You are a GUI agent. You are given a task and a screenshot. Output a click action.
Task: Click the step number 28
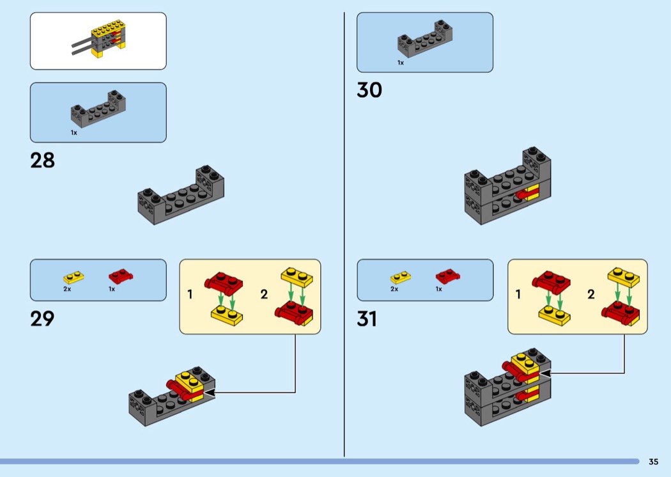[x=42, y=160]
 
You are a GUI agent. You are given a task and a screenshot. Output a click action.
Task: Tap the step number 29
[x=42, y=318]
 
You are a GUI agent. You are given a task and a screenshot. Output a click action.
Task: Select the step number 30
[x=369, y=90]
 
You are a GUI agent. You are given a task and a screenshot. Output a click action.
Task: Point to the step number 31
[x=367, y=319]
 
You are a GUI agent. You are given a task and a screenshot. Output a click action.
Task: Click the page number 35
[x=654, y=462]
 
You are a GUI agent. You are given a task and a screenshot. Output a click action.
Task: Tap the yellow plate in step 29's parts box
[x=73, y=278]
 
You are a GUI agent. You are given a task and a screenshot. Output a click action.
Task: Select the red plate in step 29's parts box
[x=121, y=276]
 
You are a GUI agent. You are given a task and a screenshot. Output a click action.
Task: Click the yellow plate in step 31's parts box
[x=401, y=278]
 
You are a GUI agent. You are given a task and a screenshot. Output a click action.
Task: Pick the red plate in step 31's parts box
[x=447, y=276]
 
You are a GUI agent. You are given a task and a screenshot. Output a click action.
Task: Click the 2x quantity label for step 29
[x=67, y=289]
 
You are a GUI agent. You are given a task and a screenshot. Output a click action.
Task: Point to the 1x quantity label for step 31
[x=438, y=289]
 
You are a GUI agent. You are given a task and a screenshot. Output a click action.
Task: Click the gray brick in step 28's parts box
[x=98, y=109]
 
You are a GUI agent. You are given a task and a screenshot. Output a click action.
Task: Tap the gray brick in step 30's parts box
[x=425, y=38]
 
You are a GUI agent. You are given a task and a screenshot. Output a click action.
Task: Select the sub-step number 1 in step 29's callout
[x=190, y=294]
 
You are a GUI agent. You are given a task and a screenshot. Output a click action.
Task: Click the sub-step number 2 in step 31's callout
[x=591, y=294]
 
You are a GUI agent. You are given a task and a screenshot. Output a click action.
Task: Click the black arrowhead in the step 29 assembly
[x=209, y=392]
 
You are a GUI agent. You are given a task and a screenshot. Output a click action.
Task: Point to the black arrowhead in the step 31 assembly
[x=544, y=373]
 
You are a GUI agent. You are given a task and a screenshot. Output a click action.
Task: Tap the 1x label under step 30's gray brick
[x=401, y=63]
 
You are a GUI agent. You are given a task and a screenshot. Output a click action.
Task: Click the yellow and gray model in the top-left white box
[x=99, y=38]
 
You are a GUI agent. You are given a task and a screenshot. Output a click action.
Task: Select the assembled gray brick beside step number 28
[x=181, y=195]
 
